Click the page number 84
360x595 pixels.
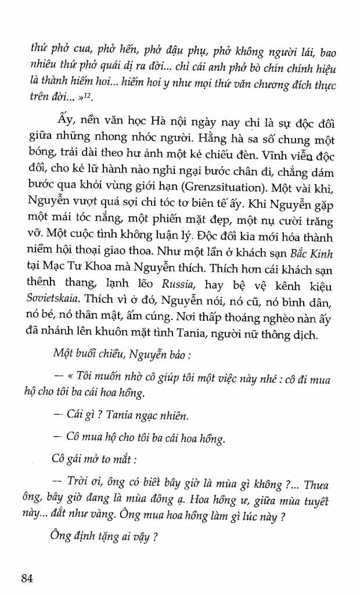click(x=30, y=577)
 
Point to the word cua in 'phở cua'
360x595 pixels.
click(x=75, y=51)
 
